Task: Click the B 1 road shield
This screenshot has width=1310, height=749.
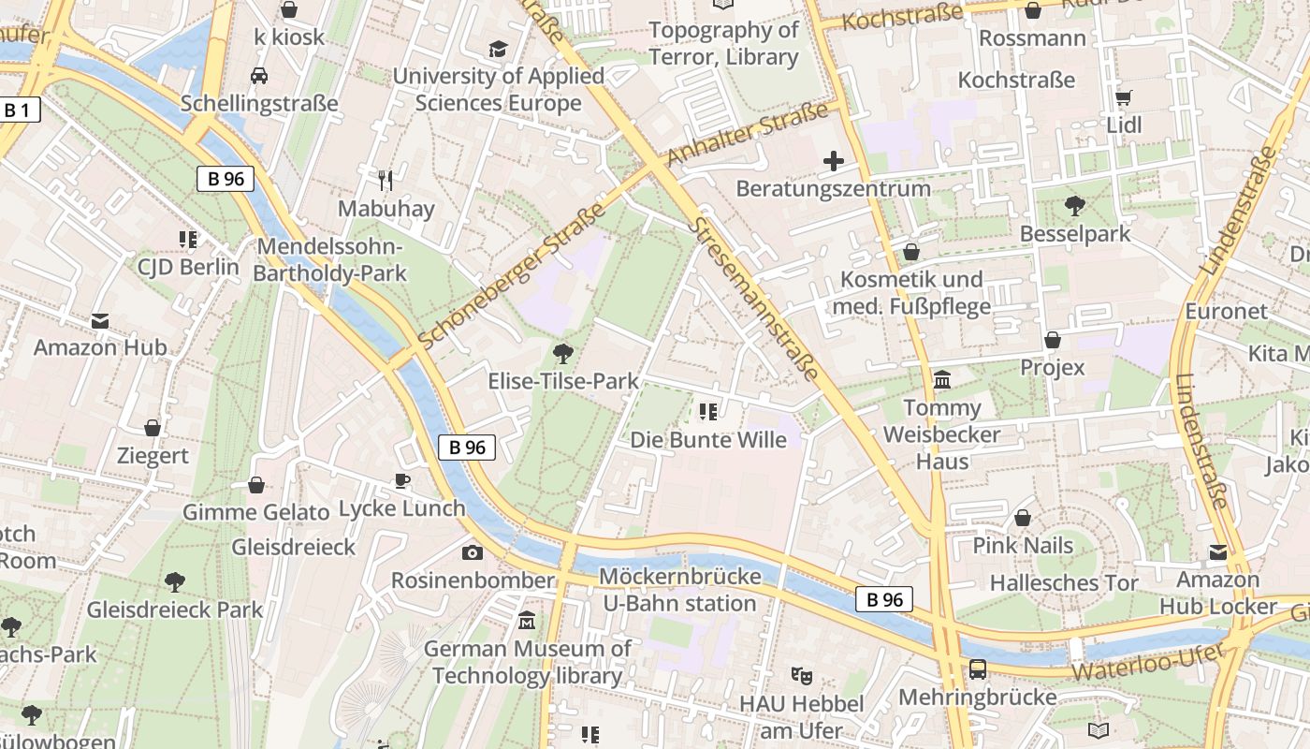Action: [17, 110]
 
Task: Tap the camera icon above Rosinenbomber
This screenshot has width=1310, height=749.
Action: [473, 552]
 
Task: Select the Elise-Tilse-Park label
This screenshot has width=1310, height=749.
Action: [563, 381]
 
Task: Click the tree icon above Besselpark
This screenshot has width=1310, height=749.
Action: [1075, 205]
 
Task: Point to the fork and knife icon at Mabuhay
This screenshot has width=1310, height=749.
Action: [386, 179]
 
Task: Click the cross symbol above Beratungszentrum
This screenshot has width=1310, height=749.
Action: [833, 161]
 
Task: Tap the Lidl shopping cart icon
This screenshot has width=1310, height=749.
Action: [1124, 97]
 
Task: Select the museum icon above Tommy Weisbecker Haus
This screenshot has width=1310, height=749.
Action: [942, 380]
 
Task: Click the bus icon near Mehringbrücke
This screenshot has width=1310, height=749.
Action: [978, 668]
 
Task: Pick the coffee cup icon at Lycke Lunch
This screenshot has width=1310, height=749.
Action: [401, 480]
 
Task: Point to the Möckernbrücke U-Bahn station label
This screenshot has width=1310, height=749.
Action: [679, 590]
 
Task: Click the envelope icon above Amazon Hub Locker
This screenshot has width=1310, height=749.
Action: [1217, 552]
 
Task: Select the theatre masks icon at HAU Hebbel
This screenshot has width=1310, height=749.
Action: [800, 674]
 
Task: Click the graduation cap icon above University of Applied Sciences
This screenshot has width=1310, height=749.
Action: [498, 49]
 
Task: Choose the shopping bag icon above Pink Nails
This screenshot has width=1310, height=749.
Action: [1023, 518]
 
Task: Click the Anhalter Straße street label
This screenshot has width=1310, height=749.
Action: [749, 133]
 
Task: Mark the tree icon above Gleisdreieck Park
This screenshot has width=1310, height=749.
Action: [174, 582]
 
